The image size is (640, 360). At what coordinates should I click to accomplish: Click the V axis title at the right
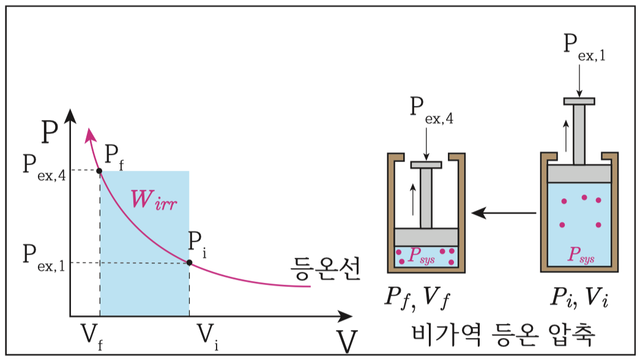[347, 342]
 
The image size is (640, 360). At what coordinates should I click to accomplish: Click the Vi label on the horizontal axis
[209, 335]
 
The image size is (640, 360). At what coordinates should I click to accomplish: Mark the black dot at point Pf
[100, 170]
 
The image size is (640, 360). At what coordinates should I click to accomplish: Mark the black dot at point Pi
[189, 263]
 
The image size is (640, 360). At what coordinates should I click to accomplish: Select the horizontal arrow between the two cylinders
[504, 213]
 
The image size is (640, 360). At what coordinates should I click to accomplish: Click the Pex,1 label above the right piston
[584, 50]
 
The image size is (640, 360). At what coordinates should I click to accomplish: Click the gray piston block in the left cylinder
[426, 237]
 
